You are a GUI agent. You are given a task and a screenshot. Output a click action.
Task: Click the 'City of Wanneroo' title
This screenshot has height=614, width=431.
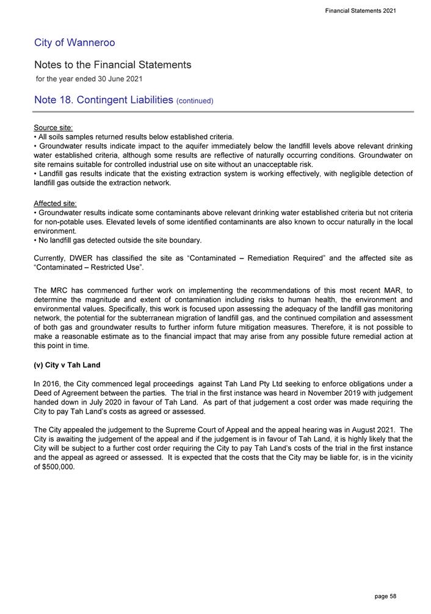tap(74, 43)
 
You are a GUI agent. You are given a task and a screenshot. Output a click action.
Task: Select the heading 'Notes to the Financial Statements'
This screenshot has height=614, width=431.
tap(113, 65)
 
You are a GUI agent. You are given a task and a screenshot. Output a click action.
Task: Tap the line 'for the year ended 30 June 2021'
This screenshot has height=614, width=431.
tap(89, 79)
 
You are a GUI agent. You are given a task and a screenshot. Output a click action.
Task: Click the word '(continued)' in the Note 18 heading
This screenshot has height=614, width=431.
tap(194, 101)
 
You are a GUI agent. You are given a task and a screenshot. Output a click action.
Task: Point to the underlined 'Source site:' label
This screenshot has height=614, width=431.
tap(54, 128)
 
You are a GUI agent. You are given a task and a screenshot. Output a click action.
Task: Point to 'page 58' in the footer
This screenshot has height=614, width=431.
tap(385, 596)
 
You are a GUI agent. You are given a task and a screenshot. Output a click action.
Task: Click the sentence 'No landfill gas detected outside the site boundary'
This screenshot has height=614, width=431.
tap(119, 241)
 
